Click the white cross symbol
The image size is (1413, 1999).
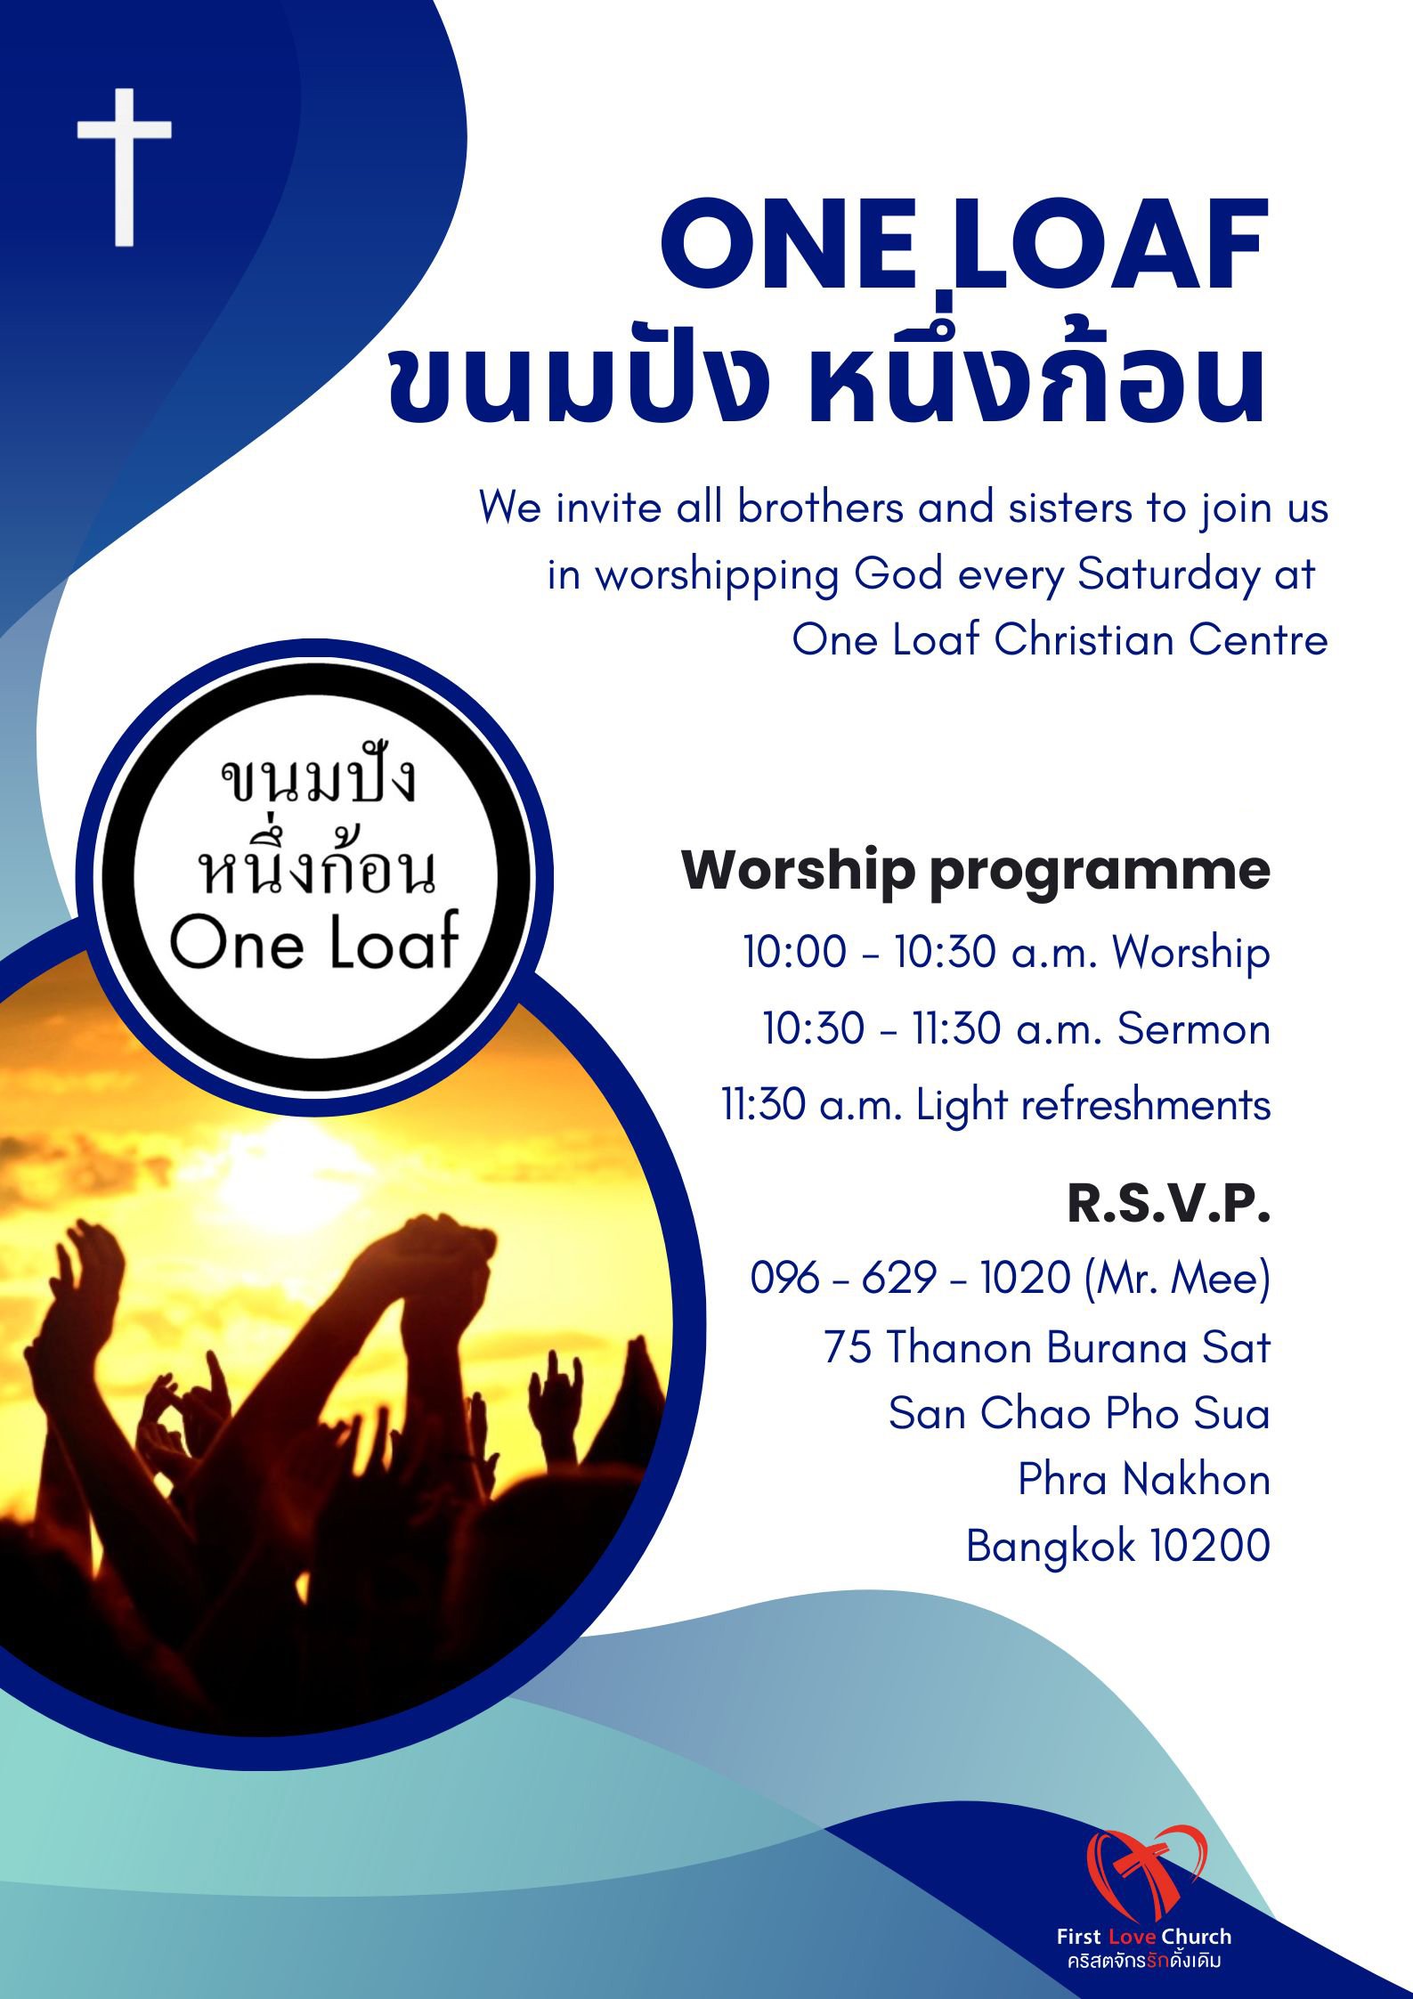click(124, 167)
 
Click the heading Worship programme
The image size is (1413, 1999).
click(976, 871)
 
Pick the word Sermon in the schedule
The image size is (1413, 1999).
click(1194, 1028)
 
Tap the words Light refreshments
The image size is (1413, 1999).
click(1093, 1105)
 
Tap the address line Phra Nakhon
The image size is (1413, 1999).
click(1144, 1479)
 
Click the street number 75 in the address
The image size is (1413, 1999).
click(848, 1346)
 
